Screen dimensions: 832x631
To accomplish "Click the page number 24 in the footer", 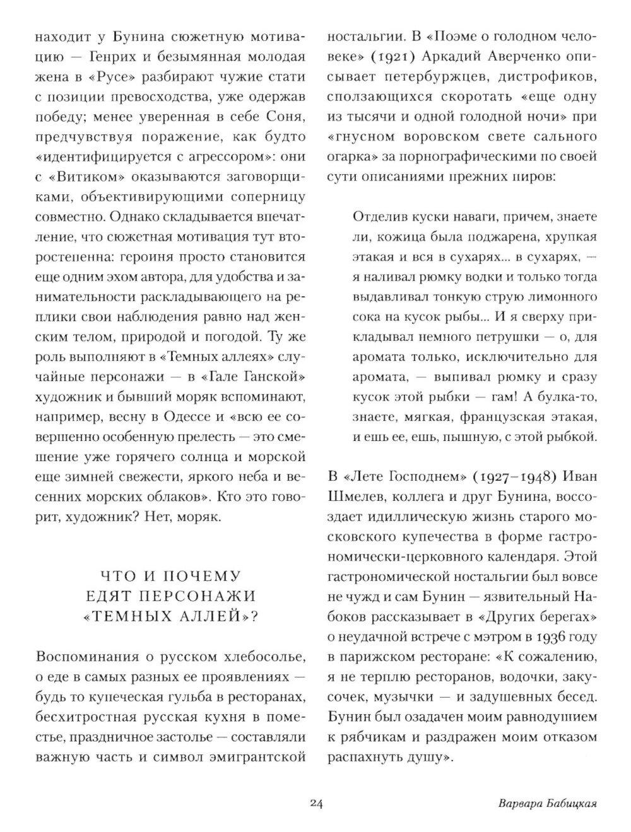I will tap(316, 804).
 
